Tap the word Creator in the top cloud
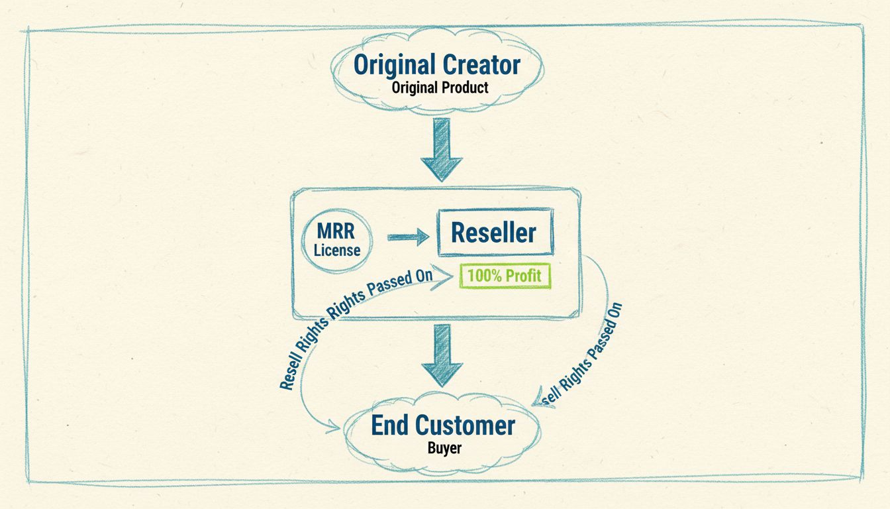coord(481,65)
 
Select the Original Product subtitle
coord(440,87)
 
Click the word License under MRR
coord(337,251)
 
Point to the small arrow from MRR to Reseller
coord(409,237)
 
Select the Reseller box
coord(495,233)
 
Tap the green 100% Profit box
coord(505,276)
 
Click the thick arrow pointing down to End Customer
coord(442,358)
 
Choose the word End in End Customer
coord(388,425)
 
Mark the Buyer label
coord(444,448)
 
